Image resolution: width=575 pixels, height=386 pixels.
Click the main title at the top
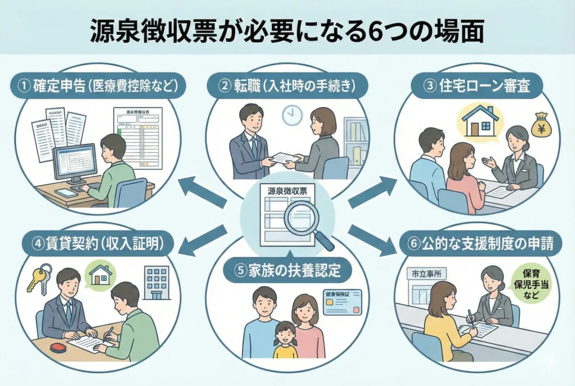tap(287, 32)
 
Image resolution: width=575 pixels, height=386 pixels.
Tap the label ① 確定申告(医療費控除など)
tap(96, 87)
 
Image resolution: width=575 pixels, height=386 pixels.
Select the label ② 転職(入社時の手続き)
tap(287, 87)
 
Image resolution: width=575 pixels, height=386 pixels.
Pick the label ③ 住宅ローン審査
tap(478, 87)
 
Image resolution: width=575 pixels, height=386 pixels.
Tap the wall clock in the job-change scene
tap(291, 115)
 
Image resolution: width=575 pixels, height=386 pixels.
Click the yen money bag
tap(541, 125)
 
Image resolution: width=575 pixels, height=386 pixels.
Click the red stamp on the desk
tap(58, 347)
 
